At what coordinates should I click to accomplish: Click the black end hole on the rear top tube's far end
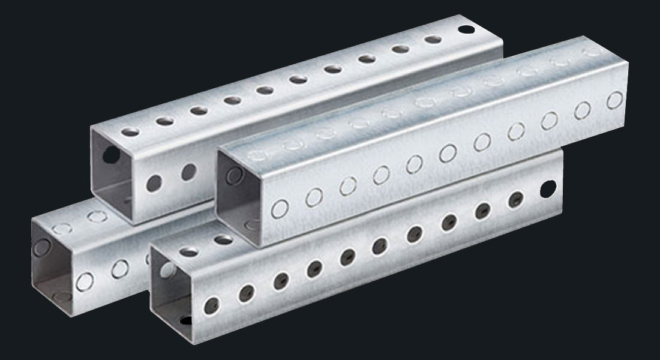pyautogui.click(x=465, y=29)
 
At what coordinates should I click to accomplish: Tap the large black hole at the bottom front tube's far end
pyautogui.click(x=547, y=188)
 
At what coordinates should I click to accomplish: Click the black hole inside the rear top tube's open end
pyautogui.click(x=110, y=155)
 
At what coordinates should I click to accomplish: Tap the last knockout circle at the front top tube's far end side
pyautogui.click(x=613, y=100)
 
